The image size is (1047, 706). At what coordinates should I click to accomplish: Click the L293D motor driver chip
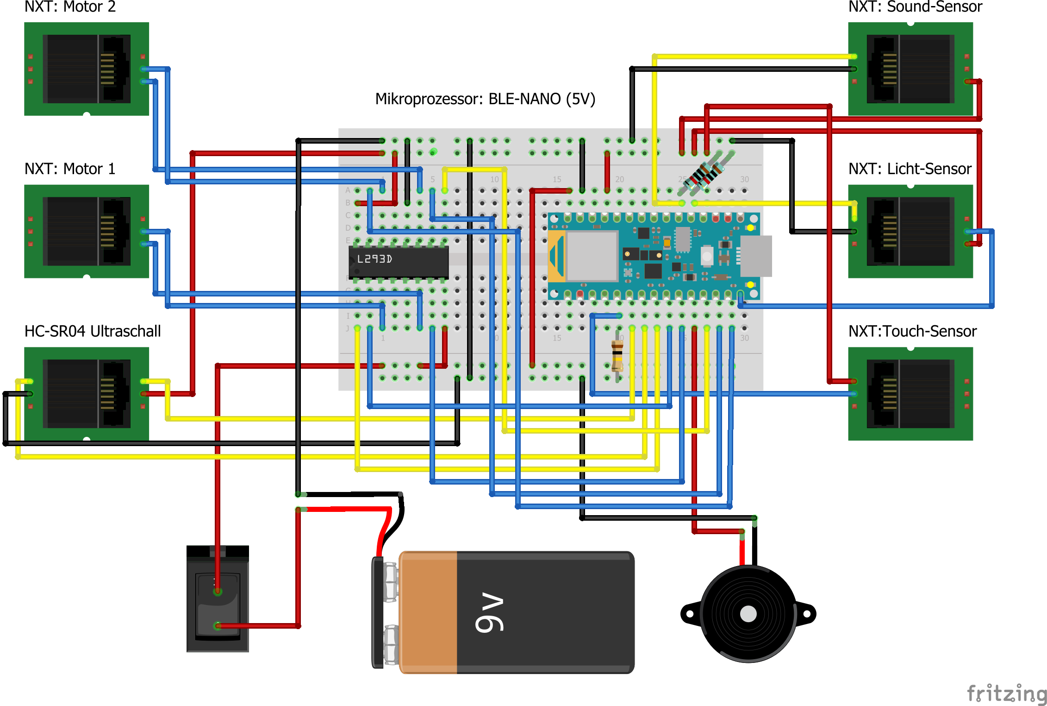[399, 262]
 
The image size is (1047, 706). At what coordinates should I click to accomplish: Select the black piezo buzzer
[748, 614]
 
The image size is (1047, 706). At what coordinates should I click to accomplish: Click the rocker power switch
[218, 599]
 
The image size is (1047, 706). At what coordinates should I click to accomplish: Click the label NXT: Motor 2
[70, 7]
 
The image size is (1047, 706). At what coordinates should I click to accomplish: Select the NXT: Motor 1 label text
[70, 169]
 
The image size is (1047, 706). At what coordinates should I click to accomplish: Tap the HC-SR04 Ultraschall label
[93, 331]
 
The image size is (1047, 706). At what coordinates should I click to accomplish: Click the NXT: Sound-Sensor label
[915, 7]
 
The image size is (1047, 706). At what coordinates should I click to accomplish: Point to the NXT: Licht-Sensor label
[910, 169]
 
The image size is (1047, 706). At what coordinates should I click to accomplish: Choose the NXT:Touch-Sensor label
[912, 331]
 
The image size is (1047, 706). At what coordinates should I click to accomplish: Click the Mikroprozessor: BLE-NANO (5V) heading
[485, 99]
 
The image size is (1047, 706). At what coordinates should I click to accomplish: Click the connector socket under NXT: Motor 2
[87, 69]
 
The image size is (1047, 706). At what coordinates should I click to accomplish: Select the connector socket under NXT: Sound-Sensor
[910, 69]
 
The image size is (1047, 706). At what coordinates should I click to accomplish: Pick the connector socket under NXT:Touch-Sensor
[910, 394]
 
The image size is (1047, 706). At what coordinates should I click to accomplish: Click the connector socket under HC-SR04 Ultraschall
[87, 394]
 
